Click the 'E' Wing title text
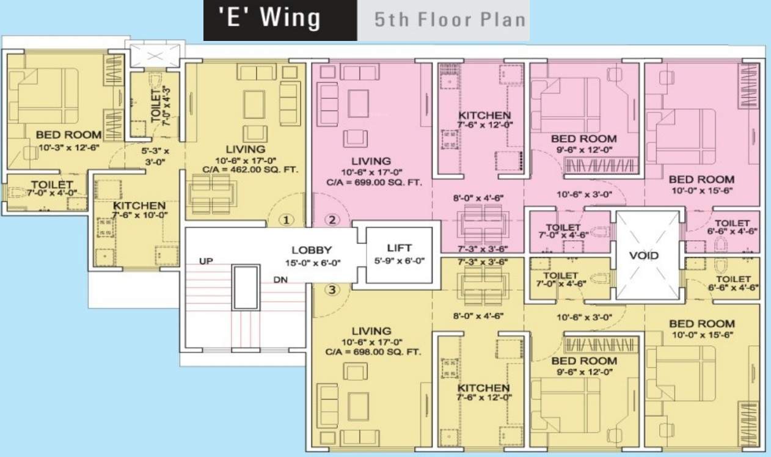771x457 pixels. coord(269,18)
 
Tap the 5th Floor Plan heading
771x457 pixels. coord(450,20)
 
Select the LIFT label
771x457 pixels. coord(400,248)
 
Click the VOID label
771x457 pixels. coord(644,255)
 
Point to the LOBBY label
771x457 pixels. coord(312,250)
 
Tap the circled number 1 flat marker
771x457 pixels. coord(286,220)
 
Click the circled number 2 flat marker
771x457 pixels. coord(332,220)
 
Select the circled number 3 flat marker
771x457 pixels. coord(332,290)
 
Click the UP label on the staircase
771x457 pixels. coord(206,261)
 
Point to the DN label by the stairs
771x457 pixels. coord(280,280)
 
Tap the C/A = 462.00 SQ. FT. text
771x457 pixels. coord(250,170)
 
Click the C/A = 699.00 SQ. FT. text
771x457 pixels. coord(374,183)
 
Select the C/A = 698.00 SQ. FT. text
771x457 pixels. coord(373,352)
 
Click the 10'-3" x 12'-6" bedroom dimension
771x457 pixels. coord(69,148)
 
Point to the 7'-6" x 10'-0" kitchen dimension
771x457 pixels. coord(140,215)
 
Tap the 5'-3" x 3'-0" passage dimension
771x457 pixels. coord(155,156)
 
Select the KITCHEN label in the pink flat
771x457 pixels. coord(484,115)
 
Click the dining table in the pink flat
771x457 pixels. coord(483,225)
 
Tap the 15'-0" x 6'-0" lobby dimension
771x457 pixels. coord(313,263)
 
